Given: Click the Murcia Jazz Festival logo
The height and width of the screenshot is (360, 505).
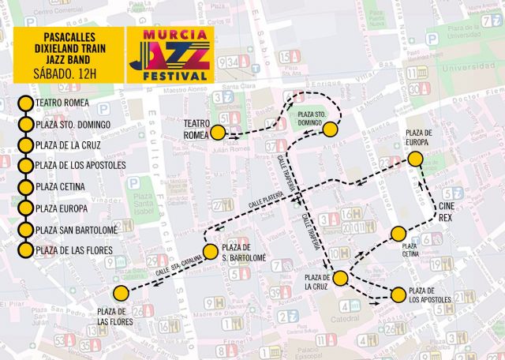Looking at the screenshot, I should point(170,55).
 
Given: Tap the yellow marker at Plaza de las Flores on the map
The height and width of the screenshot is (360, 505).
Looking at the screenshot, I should point(121,293).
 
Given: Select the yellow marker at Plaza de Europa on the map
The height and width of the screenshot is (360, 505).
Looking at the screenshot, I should point(416,159).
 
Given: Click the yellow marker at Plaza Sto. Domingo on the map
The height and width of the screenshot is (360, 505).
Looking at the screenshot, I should point(330,130).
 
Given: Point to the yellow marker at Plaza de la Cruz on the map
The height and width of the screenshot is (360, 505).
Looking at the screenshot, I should point(341,278).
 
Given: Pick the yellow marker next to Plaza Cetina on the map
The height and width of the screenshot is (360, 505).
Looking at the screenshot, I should point(398,234).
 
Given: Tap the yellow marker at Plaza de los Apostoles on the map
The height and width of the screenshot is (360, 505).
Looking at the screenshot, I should point(398,295).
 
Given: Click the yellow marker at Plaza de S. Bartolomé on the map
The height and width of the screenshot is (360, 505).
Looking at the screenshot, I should point(210,252).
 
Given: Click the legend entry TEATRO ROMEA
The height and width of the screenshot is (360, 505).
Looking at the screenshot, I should point(62,103).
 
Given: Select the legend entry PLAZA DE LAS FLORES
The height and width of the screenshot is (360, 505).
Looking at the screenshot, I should point(74,251).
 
